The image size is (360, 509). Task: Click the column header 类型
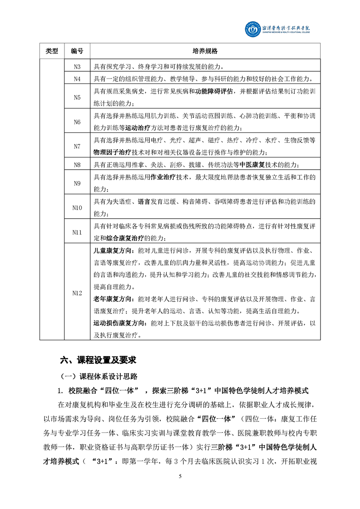click(52, 51)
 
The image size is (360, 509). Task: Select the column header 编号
click(77, 51)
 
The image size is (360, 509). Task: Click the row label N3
click(77, 66)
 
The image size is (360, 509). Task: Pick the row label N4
click(77, 79)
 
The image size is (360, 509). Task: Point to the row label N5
click(77, 97)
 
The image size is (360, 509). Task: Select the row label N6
click(77, 122)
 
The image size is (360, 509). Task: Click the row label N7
click(77, 147)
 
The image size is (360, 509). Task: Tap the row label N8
click(77, 165)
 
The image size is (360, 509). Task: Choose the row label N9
click(77, 183)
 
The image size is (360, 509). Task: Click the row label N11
click(77, 232)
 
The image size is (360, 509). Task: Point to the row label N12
click(77, 293)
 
